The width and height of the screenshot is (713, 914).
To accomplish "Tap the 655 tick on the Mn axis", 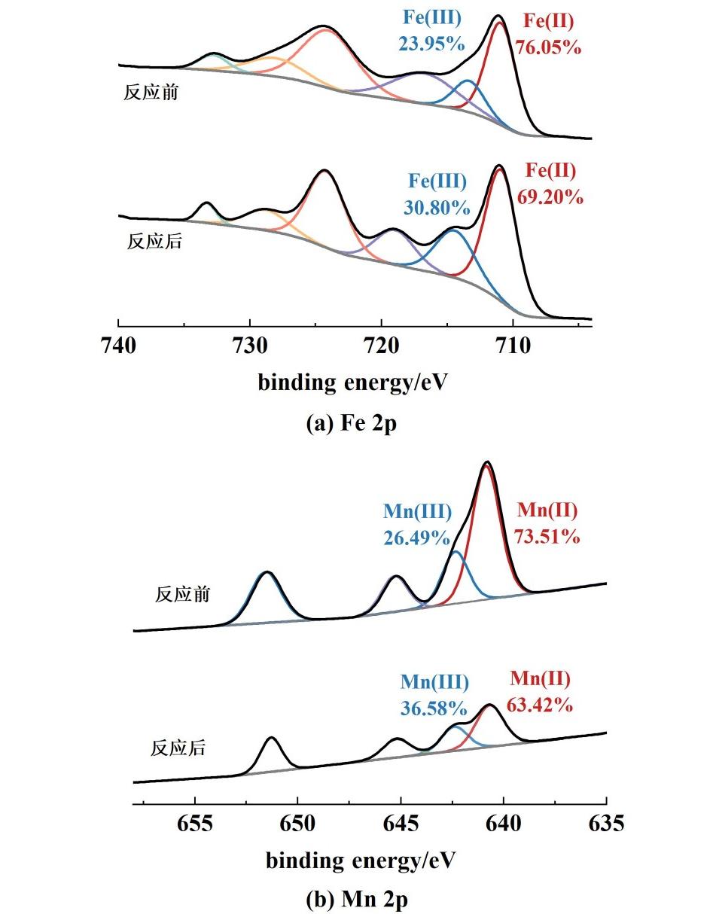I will click(194, 824).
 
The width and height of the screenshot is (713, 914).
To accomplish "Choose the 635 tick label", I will click(606, 824).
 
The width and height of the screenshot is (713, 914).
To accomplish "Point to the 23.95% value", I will click(431, 43).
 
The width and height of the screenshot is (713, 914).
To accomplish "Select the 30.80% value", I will click(437, 207).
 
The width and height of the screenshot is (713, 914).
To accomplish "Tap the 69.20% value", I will click(550, 197).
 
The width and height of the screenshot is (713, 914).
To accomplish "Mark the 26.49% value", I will click(417, 538).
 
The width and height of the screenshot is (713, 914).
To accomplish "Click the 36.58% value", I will click(434, 708).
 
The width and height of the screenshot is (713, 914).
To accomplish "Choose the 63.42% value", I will click(541, 705).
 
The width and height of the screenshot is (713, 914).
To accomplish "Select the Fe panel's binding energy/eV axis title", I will click(352, 382).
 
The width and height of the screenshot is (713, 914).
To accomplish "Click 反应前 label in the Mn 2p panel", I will click(182, 594).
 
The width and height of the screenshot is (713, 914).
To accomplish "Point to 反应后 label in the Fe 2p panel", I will click(154, 242).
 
